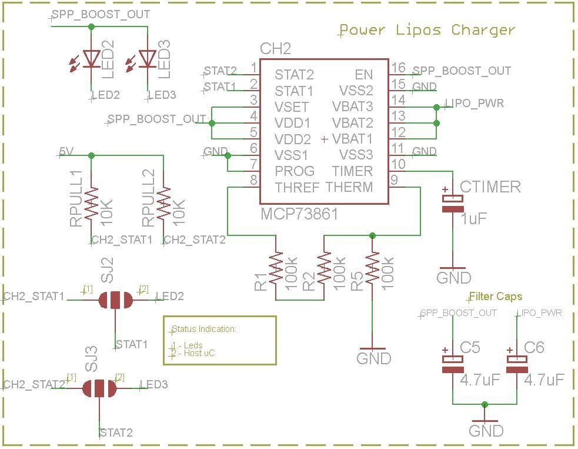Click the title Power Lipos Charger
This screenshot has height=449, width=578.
tap(427, 30)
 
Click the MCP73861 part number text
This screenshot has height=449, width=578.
tap(299, 214)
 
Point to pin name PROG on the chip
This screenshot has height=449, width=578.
tap(295, 171)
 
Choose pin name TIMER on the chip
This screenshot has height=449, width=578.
tap(352, 171)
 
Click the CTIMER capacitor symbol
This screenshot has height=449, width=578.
tap(453, 203)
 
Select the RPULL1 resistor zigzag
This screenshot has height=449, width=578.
tap(91, 203)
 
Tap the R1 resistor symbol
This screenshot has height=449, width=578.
tap(276, 269)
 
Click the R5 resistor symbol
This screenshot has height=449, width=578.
tap(372, 269)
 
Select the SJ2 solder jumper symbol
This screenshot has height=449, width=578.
tap(115, 300)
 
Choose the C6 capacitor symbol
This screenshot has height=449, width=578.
tap(517, 364)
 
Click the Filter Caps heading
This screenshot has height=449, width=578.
tap(495, 296)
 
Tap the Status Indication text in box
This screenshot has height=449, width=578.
tap(204, 329)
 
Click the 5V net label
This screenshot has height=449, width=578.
tap(66, 151)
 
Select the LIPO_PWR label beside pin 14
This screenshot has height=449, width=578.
tap(475, 104)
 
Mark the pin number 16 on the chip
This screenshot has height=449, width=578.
tap(399, 68)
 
